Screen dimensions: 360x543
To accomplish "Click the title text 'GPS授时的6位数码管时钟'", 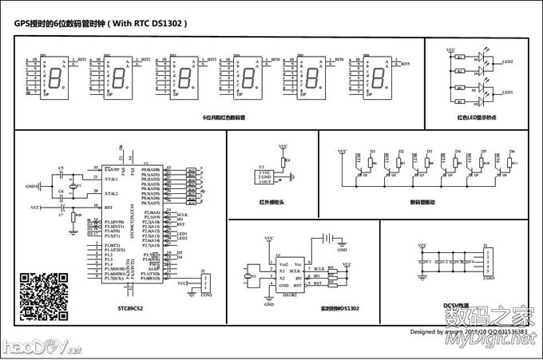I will (x=60, y=24).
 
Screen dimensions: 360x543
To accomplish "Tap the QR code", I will (x=43, y=296).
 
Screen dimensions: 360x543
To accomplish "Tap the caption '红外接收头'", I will (x=272, y=202).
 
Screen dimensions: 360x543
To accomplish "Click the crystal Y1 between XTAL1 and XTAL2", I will (x=72, y=186).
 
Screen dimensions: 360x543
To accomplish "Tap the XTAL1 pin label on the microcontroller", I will (x=111, y=179).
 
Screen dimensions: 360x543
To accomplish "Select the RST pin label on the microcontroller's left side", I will (x=109, y=207).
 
